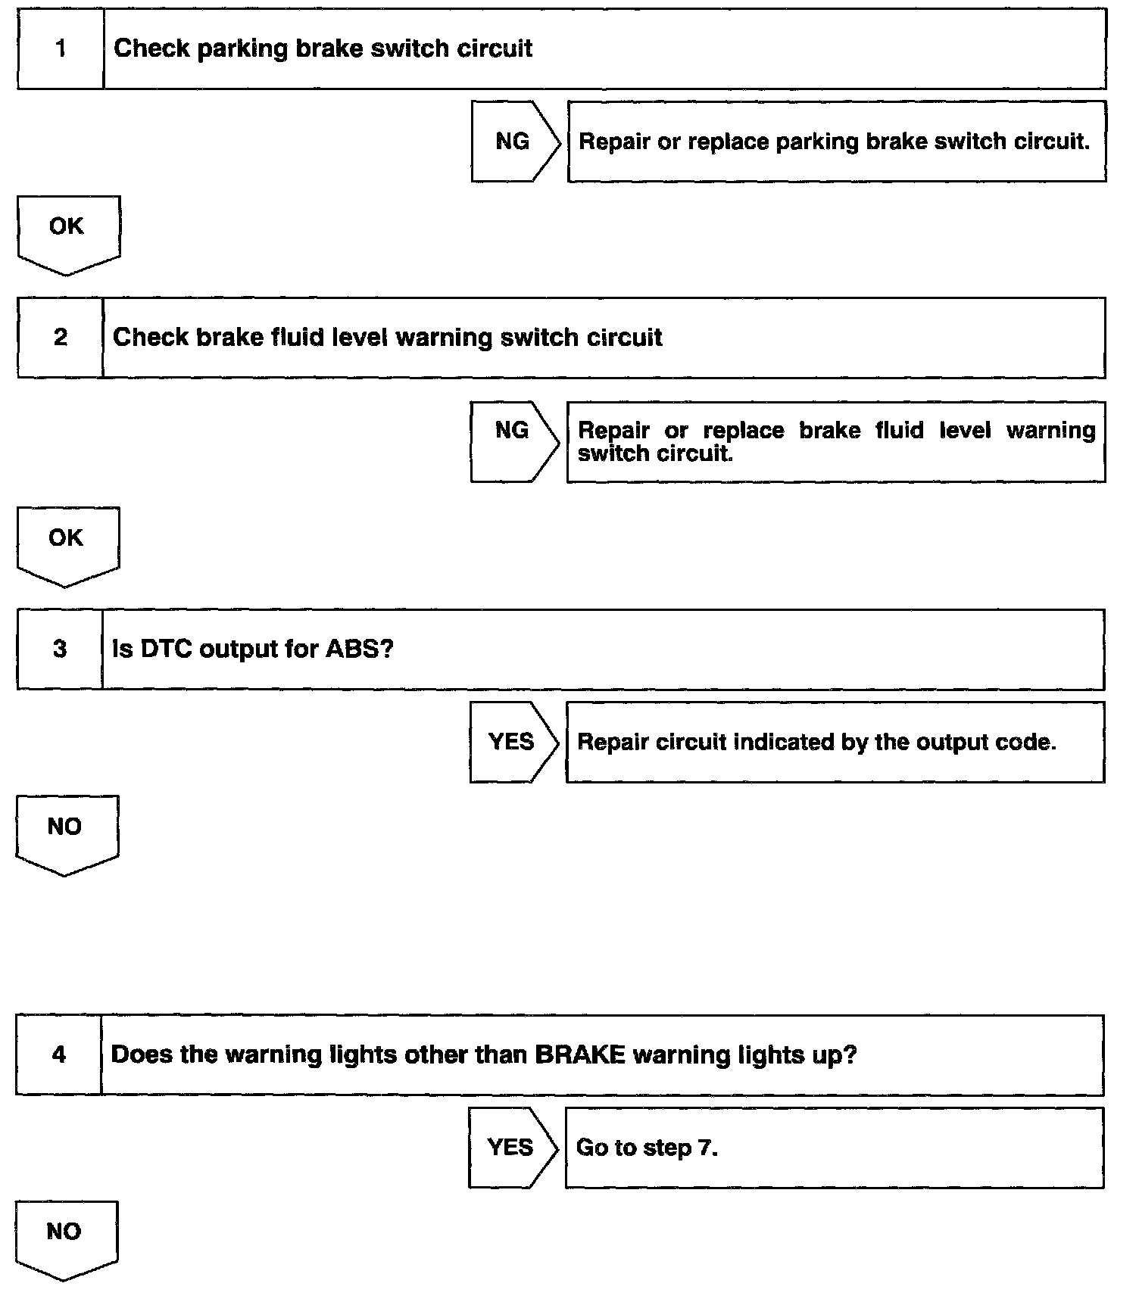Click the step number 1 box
61,49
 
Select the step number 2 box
60,338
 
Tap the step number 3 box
60,649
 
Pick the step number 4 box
58,1054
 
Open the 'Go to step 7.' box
834,1148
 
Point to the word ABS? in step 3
360,649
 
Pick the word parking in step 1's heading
242,49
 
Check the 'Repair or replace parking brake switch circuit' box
836,142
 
